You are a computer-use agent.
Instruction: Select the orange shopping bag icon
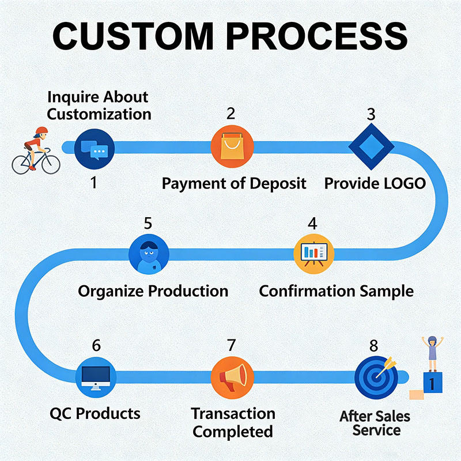point(232,148)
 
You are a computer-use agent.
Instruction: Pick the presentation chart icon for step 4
point(314,252)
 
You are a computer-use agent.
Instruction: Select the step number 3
point(371,114)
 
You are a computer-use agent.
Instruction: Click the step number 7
point(232,345)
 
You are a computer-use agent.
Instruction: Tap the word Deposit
point(278,184)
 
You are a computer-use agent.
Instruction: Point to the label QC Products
point(95,413)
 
